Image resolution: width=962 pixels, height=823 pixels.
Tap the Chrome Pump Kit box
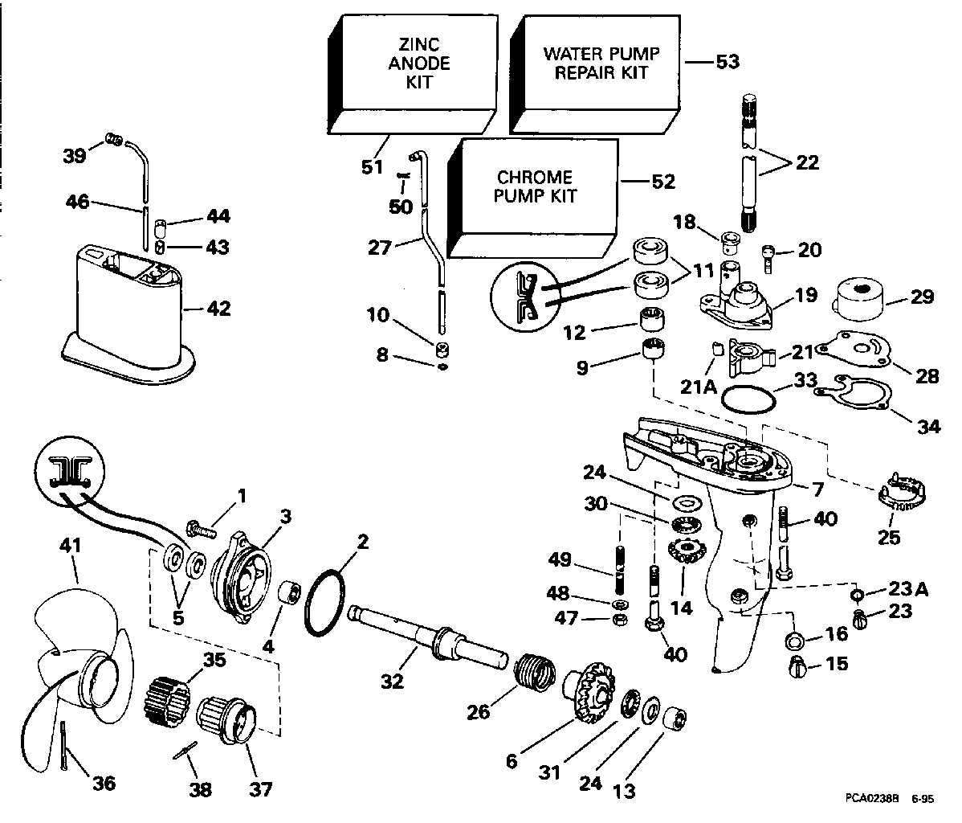tap(535, 186)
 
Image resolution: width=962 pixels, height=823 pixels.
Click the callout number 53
tap(728, 61)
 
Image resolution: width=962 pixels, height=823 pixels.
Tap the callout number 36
tap(104, 782)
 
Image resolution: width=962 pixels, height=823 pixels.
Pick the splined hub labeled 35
tap(169, 696)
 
